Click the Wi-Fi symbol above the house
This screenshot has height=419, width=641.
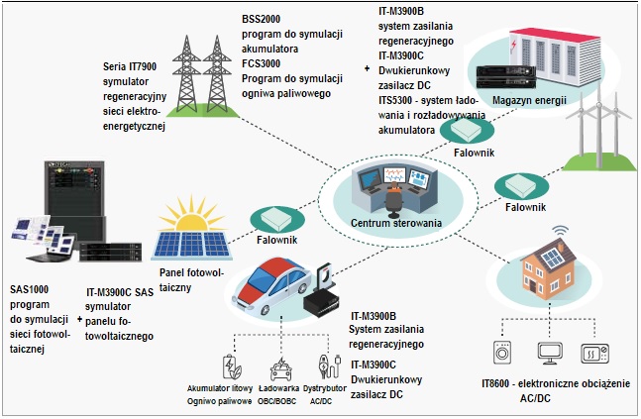[x=561, y=234]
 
